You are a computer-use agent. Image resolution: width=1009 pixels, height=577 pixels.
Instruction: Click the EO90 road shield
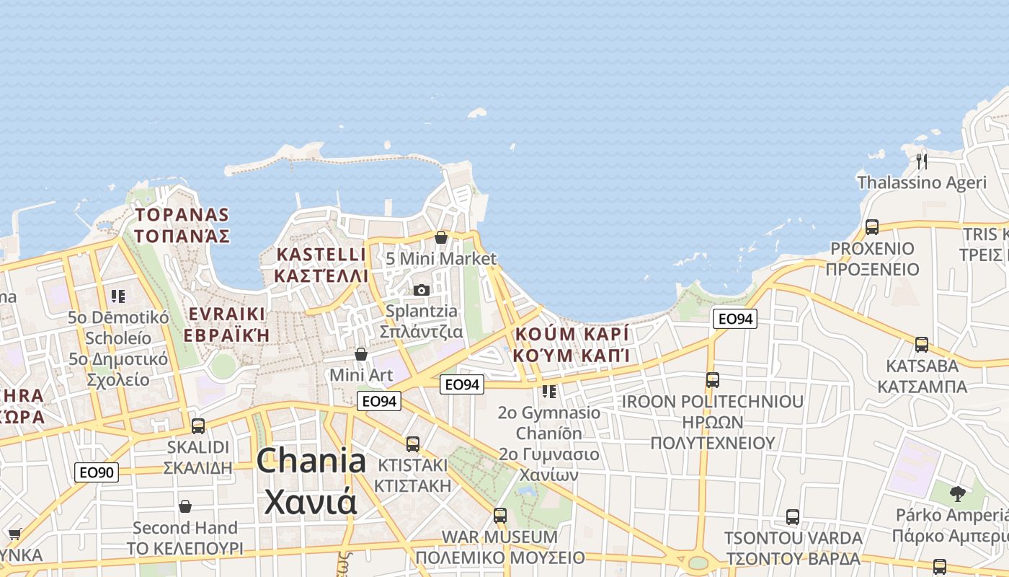97,472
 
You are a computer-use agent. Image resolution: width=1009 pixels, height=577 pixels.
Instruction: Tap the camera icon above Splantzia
422,290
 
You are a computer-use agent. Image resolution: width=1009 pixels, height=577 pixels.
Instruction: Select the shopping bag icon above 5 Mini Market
441,237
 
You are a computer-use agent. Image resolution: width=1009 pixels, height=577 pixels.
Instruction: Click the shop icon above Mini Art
361,354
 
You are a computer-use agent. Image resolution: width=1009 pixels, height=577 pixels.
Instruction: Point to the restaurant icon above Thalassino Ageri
922,161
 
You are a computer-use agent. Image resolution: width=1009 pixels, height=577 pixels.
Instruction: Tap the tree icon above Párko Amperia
957,494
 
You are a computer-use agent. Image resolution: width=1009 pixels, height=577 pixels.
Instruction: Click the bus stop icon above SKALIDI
198,426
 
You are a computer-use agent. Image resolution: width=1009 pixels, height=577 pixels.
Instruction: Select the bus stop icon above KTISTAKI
413,444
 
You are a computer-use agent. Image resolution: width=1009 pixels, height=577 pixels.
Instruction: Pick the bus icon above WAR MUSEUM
500,515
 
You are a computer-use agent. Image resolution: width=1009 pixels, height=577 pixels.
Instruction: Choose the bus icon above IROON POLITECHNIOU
713,379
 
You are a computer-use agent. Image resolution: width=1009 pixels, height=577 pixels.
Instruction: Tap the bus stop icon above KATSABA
922,344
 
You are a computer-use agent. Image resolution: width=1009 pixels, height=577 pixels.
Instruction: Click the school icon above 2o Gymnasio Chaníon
549,392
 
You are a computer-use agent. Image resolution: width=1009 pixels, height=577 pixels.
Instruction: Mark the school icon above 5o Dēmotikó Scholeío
119,296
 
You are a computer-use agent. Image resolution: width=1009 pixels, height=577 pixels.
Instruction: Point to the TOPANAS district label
182,215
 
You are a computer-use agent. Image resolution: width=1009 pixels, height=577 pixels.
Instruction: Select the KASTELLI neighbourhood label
321,255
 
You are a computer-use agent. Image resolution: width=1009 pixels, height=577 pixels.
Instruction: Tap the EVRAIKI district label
226,314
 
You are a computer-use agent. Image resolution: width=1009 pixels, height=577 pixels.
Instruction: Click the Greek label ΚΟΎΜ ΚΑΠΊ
572,355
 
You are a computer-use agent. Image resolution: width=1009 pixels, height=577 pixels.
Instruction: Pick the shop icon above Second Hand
185,506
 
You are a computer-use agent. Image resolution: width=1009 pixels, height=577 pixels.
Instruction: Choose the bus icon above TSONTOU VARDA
793,516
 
